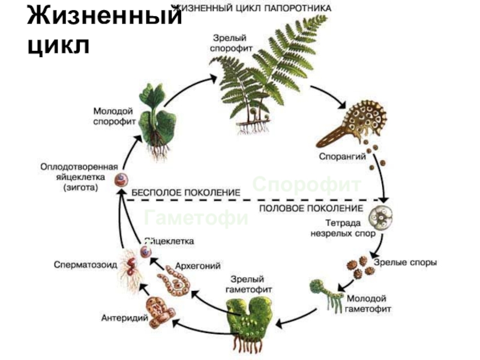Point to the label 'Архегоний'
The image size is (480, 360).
pyautogui.click(x=197, y=265)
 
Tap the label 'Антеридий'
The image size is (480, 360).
pyautogui.click(x=125, y=318)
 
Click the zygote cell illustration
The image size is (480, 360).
pyautogui.click(x=123, y=179)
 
